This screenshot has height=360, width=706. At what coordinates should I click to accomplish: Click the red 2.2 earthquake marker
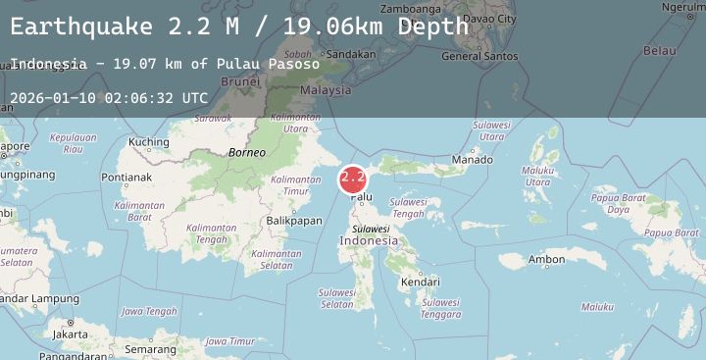[x=353, y=179]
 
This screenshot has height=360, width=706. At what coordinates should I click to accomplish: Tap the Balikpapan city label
[x=294, y=221]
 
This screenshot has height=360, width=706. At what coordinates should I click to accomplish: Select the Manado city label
[x=473, y=159]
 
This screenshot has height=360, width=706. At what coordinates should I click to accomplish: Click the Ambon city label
[x=546, y=260]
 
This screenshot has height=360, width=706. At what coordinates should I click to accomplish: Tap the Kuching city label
[x=149, y=142]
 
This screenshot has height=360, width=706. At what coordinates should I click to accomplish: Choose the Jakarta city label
[x=70, y=334]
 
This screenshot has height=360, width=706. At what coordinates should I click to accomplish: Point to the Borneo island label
[x=246, y=152]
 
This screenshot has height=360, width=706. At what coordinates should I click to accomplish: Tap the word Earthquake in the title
[x=81, y=26]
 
